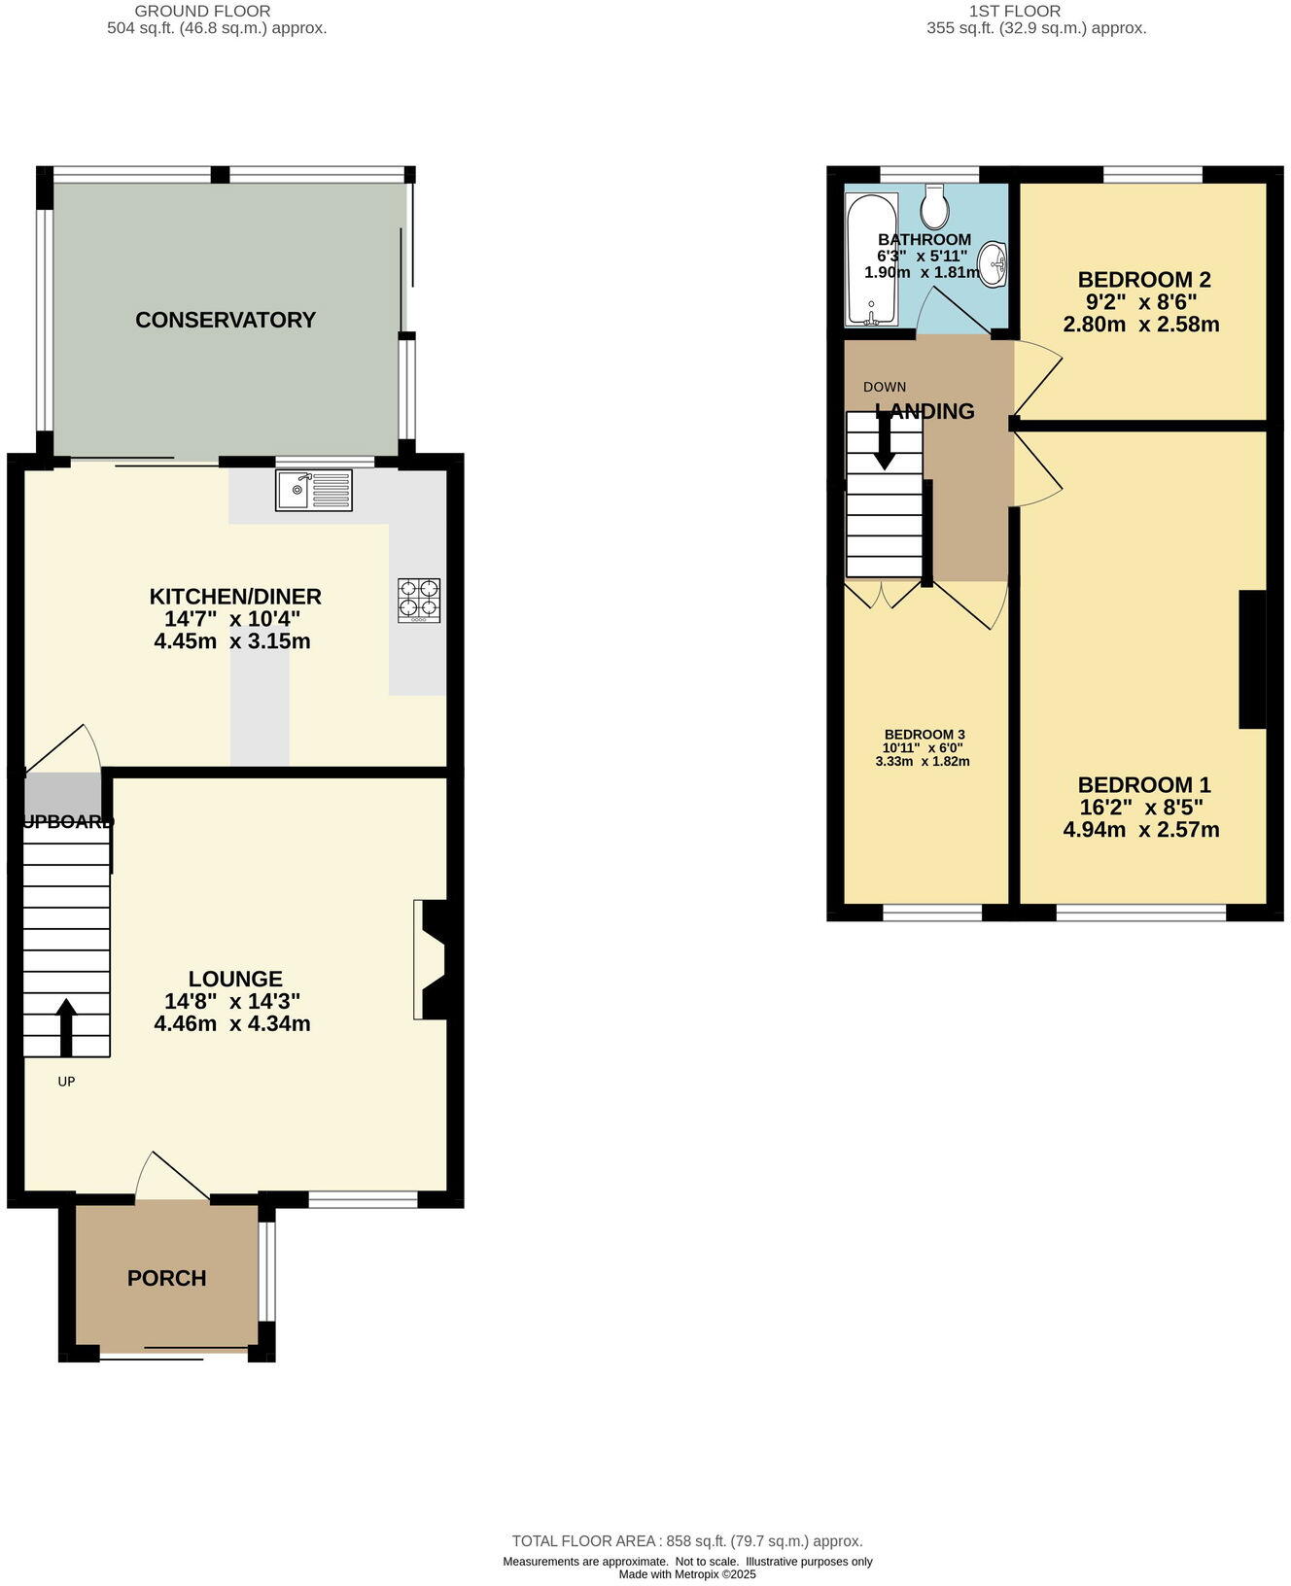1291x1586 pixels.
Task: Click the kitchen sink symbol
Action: point(313,490)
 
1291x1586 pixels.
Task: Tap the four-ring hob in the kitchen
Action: point(419,601)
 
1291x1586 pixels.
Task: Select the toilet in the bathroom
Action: point(934,205)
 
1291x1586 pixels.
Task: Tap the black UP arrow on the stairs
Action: point(66,1027)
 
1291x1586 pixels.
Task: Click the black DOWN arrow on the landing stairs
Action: point(885,440)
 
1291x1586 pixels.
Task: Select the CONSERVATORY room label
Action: point(226,320)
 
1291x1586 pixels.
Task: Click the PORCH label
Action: point(166,1278)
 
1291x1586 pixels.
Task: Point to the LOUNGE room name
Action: point(235,979)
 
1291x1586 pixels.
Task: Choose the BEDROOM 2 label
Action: point(1143,280)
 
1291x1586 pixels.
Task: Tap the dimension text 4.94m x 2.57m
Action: point(1141,830)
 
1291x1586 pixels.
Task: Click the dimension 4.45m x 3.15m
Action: point(232,641)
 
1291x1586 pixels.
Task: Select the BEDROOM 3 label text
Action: point(924,735)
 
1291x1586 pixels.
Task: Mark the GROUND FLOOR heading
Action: point(202,11)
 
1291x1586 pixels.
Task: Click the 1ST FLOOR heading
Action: point(1014,11)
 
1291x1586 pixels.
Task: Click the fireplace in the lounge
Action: point(431,959)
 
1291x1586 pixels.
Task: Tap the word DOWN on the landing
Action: point(885,387)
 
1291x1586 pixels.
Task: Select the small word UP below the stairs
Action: point(66,1081)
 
